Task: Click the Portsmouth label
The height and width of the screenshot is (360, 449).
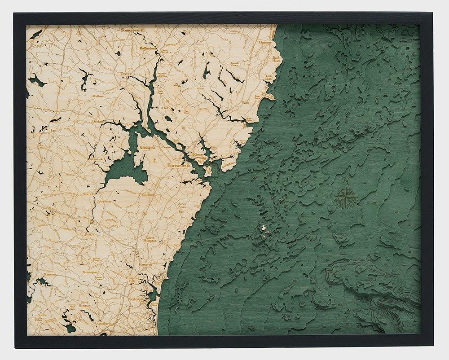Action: [179, 165]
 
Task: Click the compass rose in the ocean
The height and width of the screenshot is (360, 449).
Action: [346, 198]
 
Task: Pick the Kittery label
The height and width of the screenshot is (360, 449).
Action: [198, 154]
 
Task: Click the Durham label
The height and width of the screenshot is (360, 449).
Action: [98, 121]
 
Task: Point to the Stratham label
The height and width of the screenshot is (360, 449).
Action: [104, 202]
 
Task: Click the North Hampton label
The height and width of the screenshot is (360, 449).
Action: [150, 239]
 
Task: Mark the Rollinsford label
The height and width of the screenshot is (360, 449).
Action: [148, 48]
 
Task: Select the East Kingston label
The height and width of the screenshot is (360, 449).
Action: [50, 275]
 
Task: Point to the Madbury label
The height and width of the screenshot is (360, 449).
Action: [98, 95]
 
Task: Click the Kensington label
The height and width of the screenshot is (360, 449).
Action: [90, 272]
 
